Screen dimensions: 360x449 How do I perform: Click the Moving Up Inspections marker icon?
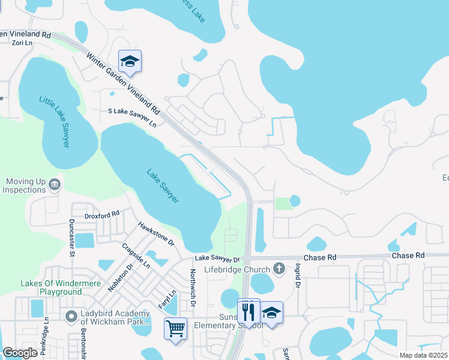pyautogui.click(x=55, y=184)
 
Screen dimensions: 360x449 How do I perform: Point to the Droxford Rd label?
pyautogui.click(x=102, y=212)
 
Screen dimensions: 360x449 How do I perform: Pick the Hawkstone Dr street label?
pyautogui.click(x=155, y=234)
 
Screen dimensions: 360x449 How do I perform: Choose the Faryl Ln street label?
pyautogui.click(x=170, y=298)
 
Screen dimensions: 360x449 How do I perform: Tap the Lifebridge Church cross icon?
pyautogui.click(x=279, y=267)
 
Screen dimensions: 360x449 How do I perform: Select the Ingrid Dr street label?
pyautogui.click(x=297, y=275)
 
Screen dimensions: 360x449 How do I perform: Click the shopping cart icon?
pyautogui.click(x=175, y=328)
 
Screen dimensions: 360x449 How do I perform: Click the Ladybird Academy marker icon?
pyautogui.click(x=71, y=316)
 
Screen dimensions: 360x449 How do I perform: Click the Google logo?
pyautogui.click(x=20, y=353)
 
